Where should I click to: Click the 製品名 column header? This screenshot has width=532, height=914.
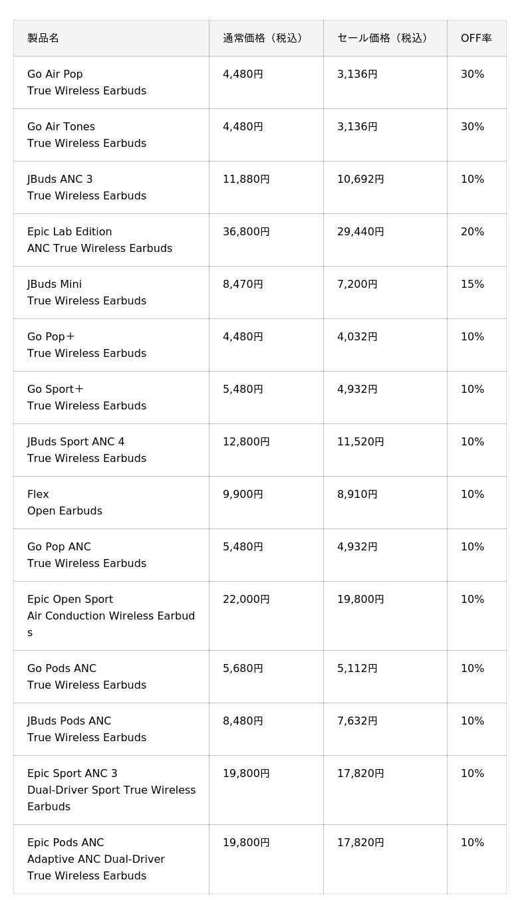(x=43, y=39)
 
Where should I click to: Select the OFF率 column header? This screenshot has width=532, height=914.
(x=476, y=39)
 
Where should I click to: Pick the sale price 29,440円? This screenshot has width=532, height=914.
(x=360, y=232)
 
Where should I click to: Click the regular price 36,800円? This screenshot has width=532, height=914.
(x=246, y=232)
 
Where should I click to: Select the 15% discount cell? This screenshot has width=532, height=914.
(x=472, y=284)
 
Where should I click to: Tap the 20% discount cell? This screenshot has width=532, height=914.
(x=472, y=232)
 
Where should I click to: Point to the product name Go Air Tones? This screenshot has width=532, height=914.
(x=61, y=126)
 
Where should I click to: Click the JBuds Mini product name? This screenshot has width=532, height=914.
(x=55, y=284)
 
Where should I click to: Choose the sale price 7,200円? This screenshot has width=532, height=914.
(x=357, y=285)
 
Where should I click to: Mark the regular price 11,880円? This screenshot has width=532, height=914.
(x=246, y=179)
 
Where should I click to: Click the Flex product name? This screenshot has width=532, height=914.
(x=38, y=494)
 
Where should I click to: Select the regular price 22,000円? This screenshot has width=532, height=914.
(x=246, y=600)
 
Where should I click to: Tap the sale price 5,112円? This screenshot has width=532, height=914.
(x=357, y=668)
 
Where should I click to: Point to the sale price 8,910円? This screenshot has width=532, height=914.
(x=357, y=495)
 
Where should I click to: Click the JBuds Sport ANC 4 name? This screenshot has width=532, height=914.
(x=76, y=442)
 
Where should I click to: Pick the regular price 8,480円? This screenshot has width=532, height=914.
(x=243, y=721)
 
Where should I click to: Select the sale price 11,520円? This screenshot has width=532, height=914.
(x=360, y=442)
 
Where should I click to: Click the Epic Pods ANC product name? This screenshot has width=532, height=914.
(x=66, y=843)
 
